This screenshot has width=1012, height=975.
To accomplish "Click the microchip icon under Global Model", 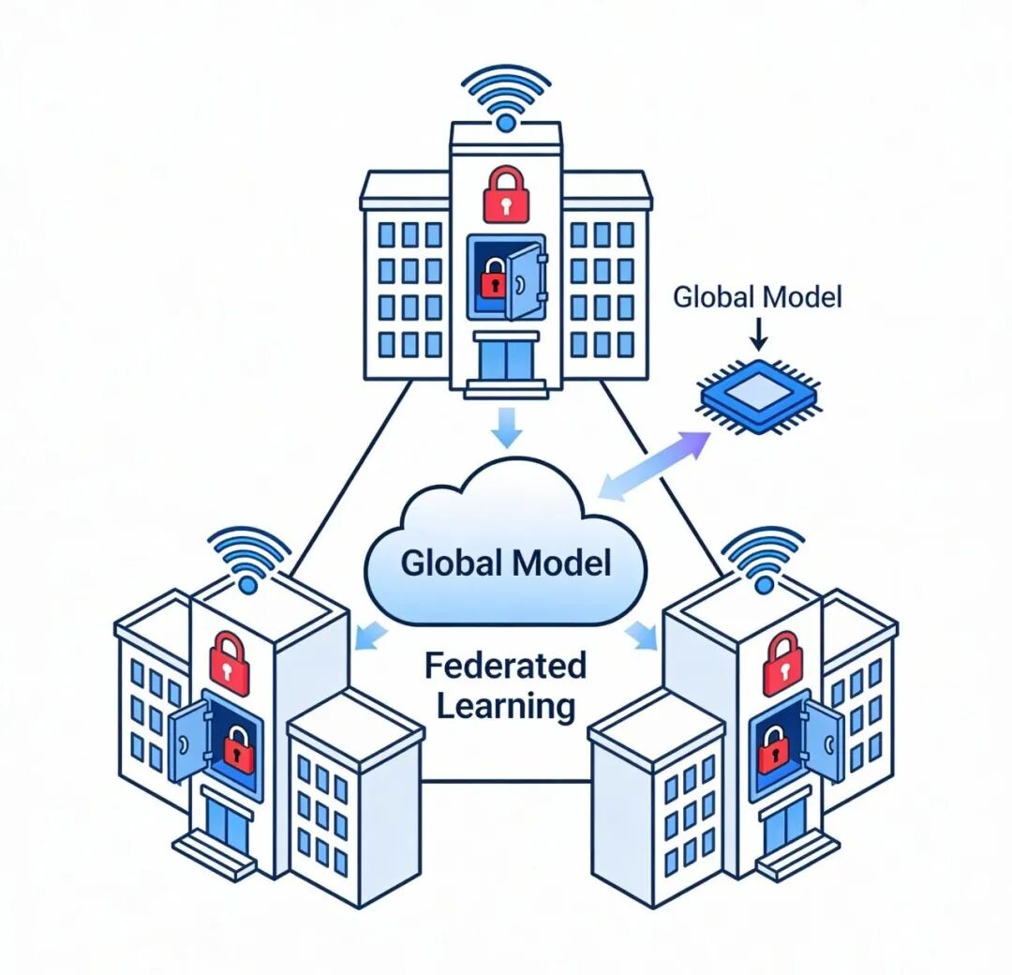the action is click(758, 396).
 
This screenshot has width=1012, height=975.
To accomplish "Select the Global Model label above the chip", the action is click(757, 297).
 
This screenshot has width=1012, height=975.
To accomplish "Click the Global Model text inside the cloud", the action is click(505, 562).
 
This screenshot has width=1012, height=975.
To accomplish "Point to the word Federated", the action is click(505, 665).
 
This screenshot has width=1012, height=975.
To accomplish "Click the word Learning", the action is click(506, 706).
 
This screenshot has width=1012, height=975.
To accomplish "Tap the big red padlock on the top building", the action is click(506, 193).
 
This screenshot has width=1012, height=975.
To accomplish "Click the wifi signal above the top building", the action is click(506, 97).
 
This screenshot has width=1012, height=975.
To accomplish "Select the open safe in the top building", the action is click(507, 277).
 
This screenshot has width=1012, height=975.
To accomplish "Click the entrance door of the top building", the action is click(507, 360).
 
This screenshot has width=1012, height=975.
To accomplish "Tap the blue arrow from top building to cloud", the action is click(507, 427).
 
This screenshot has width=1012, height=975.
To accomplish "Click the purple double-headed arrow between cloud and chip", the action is click(653, 464).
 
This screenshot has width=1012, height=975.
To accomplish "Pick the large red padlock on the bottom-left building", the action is click(230, 663).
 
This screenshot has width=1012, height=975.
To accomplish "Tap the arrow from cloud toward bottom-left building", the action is click(370, 635).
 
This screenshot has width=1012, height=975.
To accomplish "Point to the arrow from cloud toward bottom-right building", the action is click(641, 635).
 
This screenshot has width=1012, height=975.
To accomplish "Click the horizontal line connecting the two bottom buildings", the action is click(506, 781).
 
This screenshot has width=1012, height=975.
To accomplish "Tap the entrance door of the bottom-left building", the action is click(226, 820).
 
